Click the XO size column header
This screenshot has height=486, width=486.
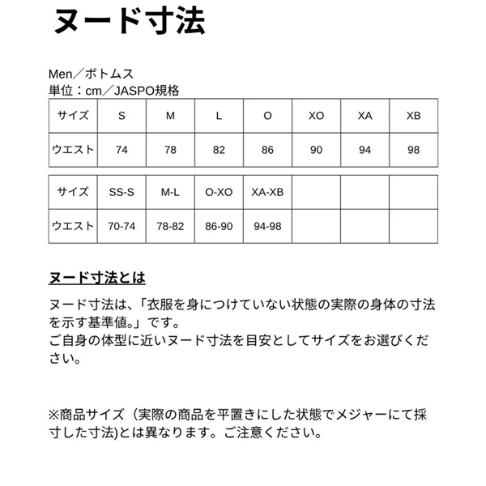coord(316,116)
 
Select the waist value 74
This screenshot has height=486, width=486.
coord(122,150)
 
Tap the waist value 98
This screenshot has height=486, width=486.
coord(414,150)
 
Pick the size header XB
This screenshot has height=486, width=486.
coord(414,116)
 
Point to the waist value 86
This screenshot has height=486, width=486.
coord(267,150)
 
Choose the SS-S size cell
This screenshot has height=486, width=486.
coord(122,193)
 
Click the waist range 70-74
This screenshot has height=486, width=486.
coord(122,226)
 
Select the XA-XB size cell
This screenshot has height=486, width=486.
coord(267,193)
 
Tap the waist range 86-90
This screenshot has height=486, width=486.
coord(219,226)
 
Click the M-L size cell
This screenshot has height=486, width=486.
coord(170,193)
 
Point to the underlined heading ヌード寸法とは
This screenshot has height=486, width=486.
coord(97,278)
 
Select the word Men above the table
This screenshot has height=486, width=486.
coord(62,75)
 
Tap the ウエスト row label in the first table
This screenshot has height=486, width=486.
coord(73,150)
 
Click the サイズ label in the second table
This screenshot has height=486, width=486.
coord(73,193)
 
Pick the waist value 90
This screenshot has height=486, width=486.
coord(316,150)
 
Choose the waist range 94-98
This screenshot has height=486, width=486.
coord(267,226)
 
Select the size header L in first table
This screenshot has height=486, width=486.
coord(219,116)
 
